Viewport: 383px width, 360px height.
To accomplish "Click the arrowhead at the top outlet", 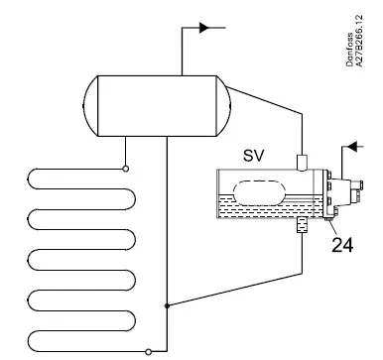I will (205, 27).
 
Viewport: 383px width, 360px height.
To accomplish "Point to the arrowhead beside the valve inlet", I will (349, 149).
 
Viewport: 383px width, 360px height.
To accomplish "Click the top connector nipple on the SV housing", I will (303, 161).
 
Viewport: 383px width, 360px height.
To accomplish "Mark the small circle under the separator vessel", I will (126, 168).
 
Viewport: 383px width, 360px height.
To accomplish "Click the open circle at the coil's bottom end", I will (149, 350).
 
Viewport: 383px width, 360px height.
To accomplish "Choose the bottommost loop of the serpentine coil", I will (69, 337).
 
